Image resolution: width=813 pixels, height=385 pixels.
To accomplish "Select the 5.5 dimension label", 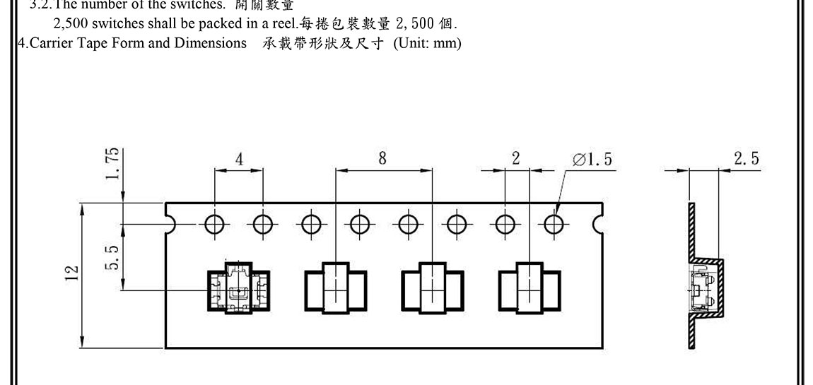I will click(x=112, y=257).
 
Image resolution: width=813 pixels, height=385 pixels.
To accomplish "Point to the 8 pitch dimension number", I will click(x=382, y=158).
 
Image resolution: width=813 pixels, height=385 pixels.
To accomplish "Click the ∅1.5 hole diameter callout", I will click(x=592, y=160).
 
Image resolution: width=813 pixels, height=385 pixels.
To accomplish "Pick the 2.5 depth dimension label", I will click(x=746, y=158).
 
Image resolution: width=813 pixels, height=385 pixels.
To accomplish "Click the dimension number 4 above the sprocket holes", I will click(x=239, y=159).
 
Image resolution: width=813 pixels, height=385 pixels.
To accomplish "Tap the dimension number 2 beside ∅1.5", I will click(x=516, y=158).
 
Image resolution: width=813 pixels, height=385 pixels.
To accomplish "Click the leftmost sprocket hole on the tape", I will click(x=214, y=225).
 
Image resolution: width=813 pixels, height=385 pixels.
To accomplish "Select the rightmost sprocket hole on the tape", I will click(x=554, y=225).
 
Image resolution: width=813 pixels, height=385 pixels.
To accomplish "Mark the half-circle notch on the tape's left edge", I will click(x=169, y=225).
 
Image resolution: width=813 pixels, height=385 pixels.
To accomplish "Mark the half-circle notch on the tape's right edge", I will click(x=599, y=225).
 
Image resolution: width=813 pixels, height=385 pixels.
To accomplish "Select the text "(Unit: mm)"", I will click(x=428, y=43).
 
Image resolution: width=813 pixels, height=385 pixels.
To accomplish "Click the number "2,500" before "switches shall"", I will click(x=70, y=23).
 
